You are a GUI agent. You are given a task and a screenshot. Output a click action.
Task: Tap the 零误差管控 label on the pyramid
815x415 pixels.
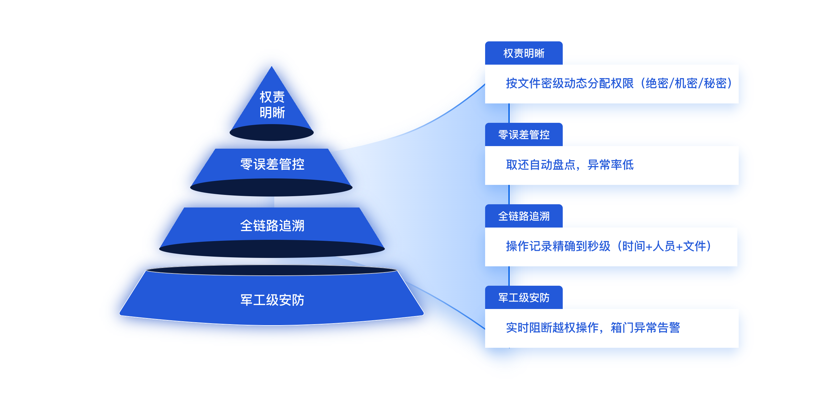[x=272, y=164]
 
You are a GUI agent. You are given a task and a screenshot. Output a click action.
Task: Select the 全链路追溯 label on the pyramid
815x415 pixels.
[x=272, y=226]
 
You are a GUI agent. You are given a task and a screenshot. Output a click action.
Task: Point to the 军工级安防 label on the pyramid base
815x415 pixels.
[x=272, y=300]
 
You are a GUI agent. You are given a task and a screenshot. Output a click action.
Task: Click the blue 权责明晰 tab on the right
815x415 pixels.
[x=524, y=53]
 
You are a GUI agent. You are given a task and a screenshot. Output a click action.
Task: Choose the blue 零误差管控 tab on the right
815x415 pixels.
[x=524, y=135]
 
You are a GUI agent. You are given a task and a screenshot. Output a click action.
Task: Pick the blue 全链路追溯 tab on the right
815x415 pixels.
[x=524, y=216]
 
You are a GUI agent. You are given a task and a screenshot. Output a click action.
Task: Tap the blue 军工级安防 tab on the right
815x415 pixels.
[x=524, y=298]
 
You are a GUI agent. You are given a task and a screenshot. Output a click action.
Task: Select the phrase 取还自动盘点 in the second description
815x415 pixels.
[x=541, y=165]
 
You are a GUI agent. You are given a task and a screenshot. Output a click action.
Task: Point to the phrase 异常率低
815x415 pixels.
[x=610, y=165]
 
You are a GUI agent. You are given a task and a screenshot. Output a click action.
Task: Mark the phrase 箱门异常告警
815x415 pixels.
[x=645, y=328]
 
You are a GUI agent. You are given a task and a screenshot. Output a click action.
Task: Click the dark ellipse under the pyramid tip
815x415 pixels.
[x=272, y=133]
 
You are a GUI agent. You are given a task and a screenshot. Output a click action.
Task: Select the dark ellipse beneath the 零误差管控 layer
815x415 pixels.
[x=271, y=188]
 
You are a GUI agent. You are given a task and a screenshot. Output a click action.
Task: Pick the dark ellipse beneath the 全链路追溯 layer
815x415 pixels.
[x=272, y=249]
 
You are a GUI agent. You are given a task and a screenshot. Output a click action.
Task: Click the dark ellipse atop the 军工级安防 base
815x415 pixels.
[x=272, y=270]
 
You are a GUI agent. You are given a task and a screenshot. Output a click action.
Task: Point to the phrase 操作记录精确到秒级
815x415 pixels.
[x=558, y=246]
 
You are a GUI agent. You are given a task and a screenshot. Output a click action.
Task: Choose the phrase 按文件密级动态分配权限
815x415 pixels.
[x=570, y=83]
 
